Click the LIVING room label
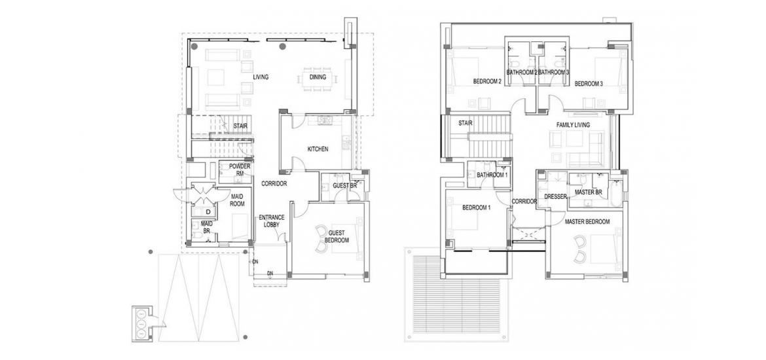[261, 77]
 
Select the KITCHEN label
[318, 149]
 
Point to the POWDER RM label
[240, 170]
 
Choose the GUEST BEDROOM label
[338, 237]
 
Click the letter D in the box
[208, 211]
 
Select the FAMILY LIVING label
[573, 125]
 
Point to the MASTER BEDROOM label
[587, 222]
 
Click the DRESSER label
[555, 197]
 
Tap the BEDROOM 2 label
[488, 82]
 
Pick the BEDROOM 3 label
[588, 84]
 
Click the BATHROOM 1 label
[492, 175]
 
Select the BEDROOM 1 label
[477, 207]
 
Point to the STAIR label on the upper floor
[465, 123]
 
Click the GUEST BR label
[345, 186]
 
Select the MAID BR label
[207, 227]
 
